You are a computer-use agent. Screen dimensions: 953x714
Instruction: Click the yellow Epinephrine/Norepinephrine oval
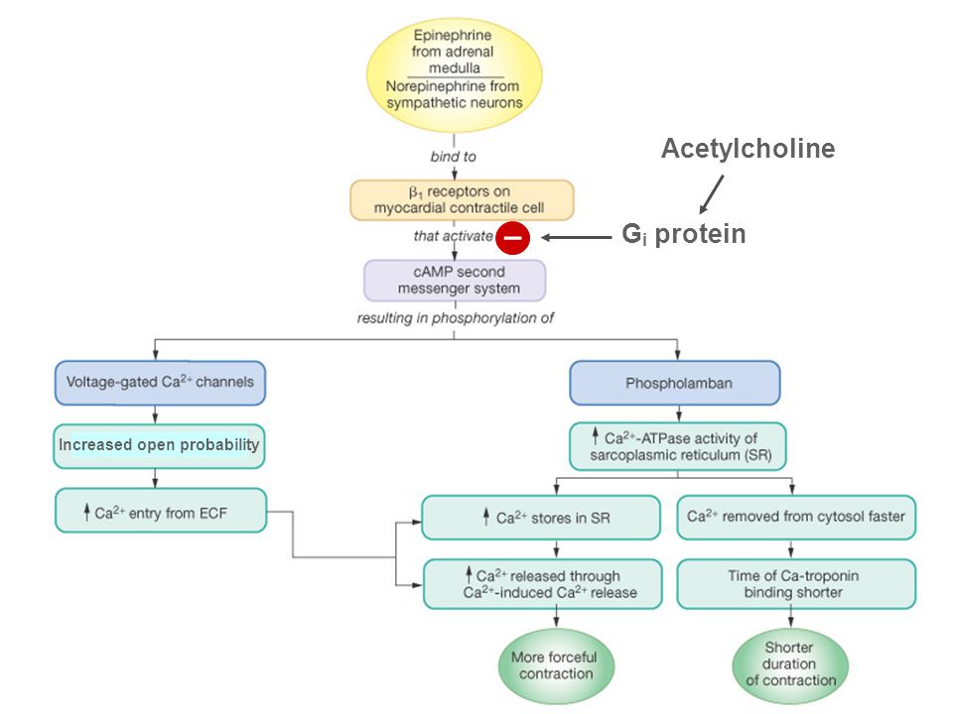point(454,74)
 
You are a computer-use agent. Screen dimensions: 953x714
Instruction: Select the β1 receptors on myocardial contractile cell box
point(462,199)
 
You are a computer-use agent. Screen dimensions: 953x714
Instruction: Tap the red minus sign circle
point(513,237)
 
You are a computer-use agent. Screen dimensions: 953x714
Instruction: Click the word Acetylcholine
point(748,149)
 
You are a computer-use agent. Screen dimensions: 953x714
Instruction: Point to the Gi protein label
point(684,234)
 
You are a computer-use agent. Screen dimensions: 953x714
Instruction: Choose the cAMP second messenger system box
point(455,281)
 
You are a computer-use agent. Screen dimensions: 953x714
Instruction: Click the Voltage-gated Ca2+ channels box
point(160,383)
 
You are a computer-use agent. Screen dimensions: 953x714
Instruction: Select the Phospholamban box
point(675,383)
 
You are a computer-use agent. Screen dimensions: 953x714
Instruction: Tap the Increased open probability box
point(159,445)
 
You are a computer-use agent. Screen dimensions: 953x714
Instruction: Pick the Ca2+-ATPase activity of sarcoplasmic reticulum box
point(678,446)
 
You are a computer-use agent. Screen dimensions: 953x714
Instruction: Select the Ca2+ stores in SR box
point(541,518)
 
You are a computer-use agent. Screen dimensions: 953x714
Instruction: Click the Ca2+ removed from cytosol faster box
point(796,518)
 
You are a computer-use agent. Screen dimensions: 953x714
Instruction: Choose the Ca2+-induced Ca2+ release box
point(543,584)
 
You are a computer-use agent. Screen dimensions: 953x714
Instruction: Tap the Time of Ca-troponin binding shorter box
point(796,584)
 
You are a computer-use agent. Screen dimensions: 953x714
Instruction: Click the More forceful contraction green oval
point(556,666)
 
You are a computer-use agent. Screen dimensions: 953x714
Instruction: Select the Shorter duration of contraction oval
point(790,664)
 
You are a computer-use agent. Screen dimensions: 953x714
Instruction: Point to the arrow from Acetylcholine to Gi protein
point(712,194)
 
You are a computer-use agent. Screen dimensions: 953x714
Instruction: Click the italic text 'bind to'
point(454,157)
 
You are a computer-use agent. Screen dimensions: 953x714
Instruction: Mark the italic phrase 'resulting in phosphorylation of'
point(456,318)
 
